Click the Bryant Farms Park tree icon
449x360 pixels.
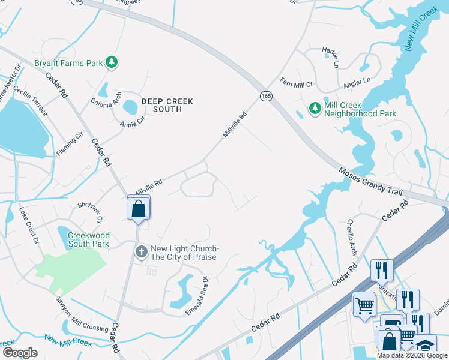tap(111, 61)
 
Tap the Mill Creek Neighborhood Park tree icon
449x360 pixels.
tap(315, 108)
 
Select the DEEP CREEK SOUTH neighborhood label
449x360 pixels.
tap(167, 106)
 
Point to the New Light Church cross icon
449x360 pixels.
tap(141, 251)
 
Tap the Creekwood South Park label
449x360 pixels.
tap(88, 240)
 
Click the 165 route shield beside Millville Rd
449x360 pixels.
tap(266, 95)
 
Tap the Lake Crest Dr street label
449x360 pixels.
tap(28, 224)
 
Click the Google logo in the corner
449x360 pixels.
tap(20, 353)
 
